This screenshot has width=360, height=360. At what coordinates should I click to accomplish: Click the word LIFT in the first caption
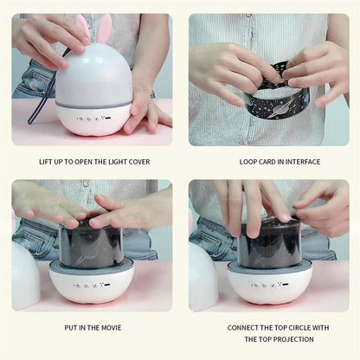46,162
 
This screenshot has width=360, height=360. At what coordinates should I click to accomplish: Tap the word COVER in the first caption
139,162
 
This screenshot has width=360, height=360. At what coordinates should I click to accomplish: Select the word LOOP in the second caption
247,162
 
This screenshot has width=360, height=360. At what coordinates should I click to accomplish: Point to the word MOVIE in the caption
111,328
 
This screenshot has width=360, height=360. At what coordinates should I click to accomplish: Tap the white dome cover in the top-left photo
94,77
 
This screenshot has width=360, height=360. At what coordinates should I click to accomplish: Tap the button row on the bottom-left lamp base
92,286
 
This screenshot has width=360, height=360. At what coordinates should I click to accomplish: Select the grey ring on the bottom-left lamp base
92,266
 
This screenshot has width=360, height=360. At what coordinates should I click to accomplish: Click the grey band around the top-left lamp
94,104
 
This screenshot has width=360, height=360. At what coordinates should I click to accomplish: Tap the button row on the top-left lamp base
94,119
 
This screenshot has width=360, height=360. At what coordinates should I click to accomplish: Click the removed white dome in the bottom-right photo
203,277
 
